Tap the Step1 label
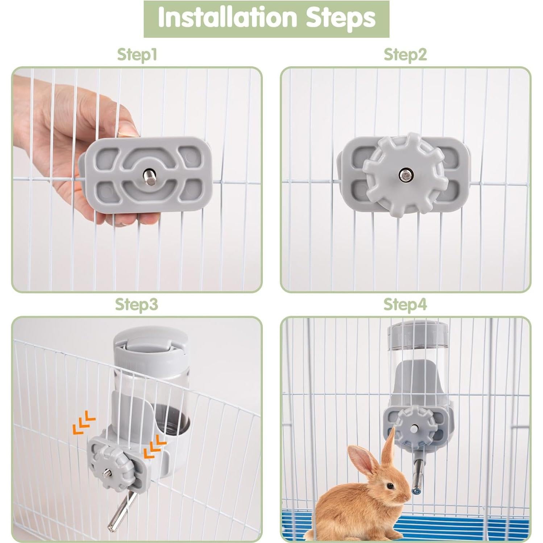pos(137,55)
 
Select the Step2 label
pos(405,55)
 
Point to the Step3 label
pos(137,304)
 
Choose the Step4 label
pos(405,304)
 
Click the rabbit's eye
pos(390,486)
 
